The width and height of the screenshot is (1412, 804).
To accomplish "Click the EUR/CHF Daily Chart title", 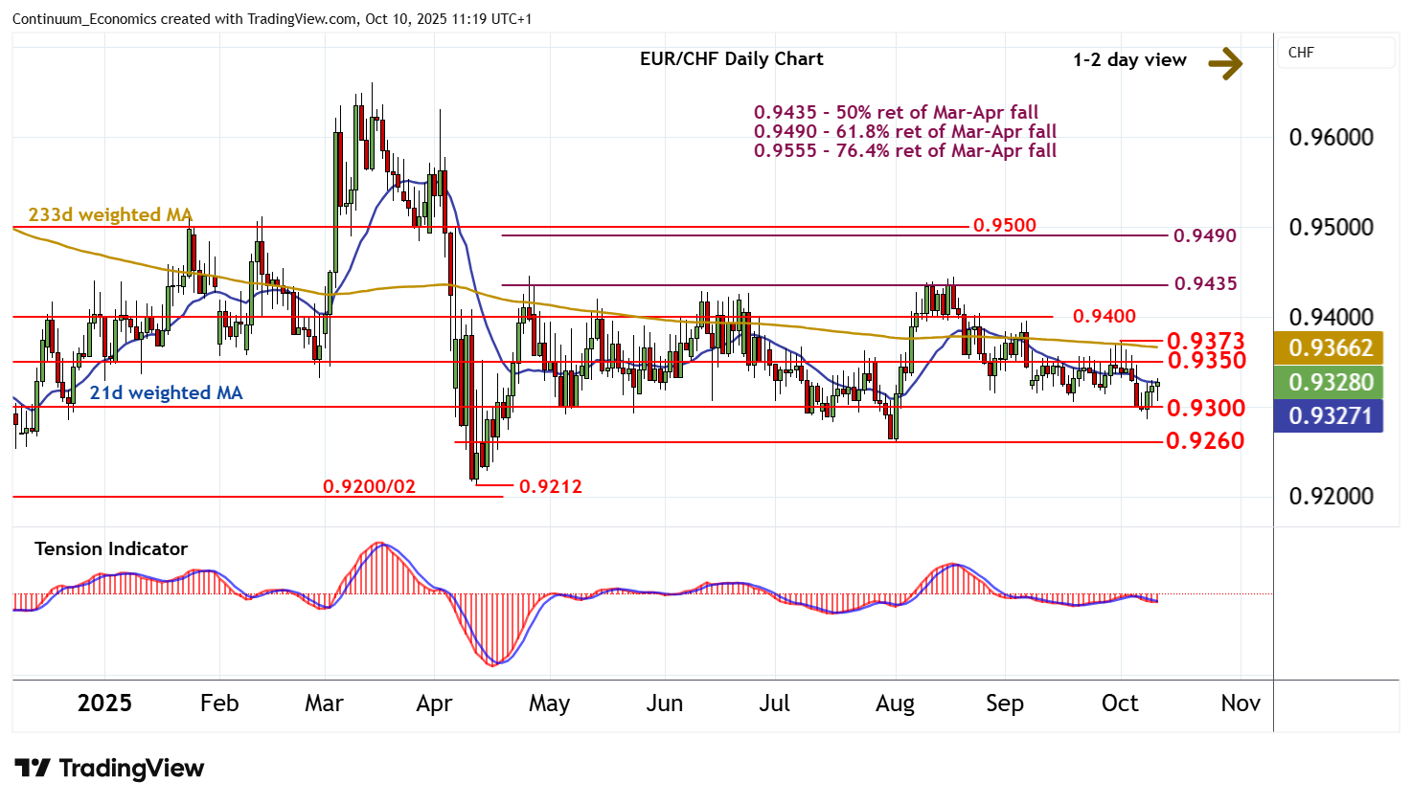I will coord(731,59).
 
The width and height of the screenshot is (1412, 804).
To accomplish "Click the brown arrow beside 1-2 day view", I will coord(1224,63).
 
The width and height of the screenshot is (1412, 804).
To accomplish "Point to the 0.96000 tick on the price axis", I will coord(1331,138).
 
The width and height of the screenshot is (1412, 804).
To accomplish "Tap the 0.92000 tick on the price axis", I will coord(1331,497).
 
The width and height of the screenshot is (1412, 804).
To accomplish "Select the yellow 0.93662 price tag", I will coord(1331,348).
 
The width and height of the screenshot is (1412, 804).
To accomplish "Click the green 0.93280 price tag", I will coord(1331,383).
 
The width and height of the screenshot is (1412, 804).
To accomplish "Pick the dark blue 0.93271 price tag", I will coord(1331,416).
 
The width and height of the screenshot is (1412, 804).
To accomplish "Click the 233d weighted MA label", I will coord(110,215).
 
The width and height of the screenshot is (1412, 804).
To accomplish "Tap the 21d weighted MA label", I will coord(166,393).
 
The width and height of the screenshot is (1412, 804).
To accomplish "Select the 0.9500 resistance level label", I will coord(1004,226).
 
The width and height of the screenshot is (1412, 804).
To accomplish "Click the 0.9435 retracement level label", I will coord(1205,284).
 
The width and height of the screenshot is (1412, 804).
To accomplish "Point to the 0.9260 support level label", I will coord(1205,441).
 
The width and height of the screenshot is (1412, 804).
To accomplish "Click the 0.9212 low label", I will coord(550,487).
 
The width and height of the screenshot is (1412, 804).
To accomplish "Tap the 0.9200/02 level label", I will coord(369,487).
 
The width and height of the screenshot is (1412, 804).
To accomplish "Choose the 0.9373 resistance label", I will coord(1205,341).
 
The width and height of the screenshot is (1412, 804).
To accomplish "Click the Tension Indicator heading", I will coord(111,549).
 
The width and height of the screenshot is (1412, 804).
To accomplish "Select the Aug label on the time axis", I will coord(895,704).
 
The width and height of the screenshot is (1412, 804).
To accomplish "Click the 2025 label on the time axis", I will coord(104,704).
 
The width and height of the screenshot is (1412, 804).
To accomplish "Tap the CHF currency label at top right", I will coord(1301,53).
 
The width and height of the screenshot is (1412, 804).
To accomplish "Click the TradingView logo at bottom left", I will coord(109,769).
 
